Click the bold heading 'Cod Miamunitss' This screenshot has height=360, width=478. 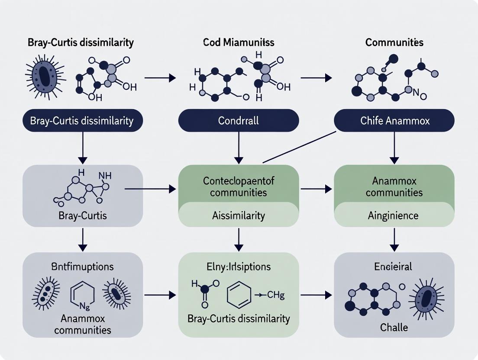click(239, 42)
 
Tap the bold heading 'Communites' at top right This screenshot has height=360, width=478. click(394, 42)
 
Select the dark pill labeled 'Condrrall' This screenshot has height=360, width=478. click(239, 120)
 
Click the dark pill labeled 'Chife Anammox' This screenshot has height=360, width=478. click(394, 120)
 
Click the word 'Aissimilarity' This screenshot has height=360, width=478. click(239, 215)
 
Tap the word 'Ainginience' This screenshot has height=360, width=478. click(394, 215)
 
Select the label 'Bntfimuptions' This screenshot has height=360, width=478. click(82, 266)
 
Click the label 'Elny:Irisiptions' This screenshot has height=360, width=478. click(239, 266)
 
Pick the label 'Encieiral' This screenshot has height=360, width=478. click(394, 266)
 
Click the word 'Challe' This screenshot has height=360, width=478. click(394, 327)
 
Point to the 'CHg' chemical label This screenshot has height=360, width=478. click(275, 296)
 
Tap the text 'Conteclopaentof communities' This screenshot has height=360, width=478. click(239, 186)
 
